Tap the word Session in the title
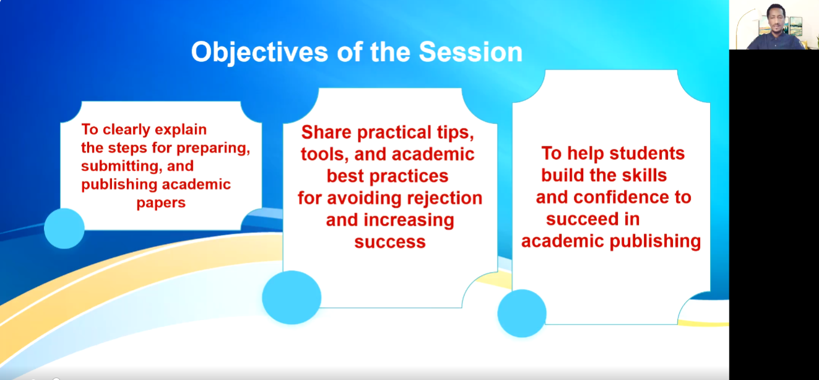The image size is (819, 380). [x=470, y=52]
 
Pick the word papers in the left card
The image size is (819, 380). [x=161, y=203]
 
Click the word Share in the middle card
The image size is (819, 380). [x=326, y=132]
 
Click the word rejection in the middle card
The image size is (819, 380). [x=444, y=198]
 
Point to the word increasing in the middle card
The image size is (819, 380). [x=409, y=221]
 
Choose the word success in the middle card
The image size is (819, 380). [x=390, y=242]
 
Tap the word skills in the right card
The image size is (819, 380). [x=644, y=175]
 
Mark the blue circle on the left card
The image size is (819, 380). [x=64, y=229]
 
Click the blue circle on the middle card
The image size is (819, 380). [x=292, y=298]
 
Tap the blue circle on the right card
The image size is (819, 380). [x=522, y=314]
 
